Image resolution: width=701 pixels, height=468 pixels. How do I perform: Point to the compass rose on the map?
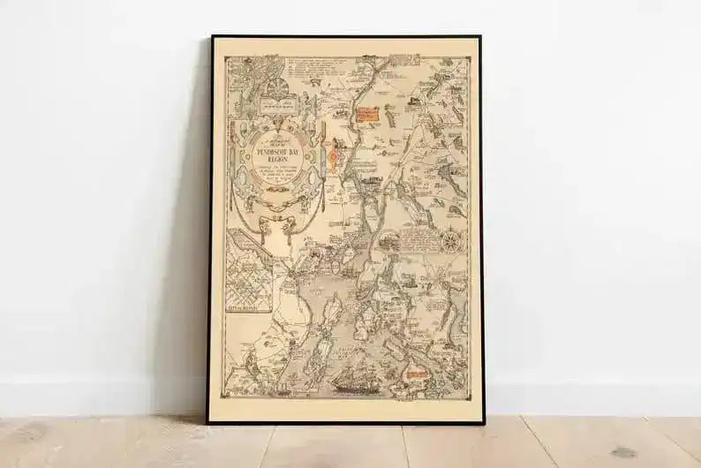[451, 239]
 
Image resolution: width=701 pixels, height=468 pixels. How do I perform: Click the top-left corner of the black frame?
[211, 37]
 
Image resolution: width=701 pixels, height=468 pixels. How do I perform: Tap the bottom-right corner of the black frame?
[483, 423]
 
